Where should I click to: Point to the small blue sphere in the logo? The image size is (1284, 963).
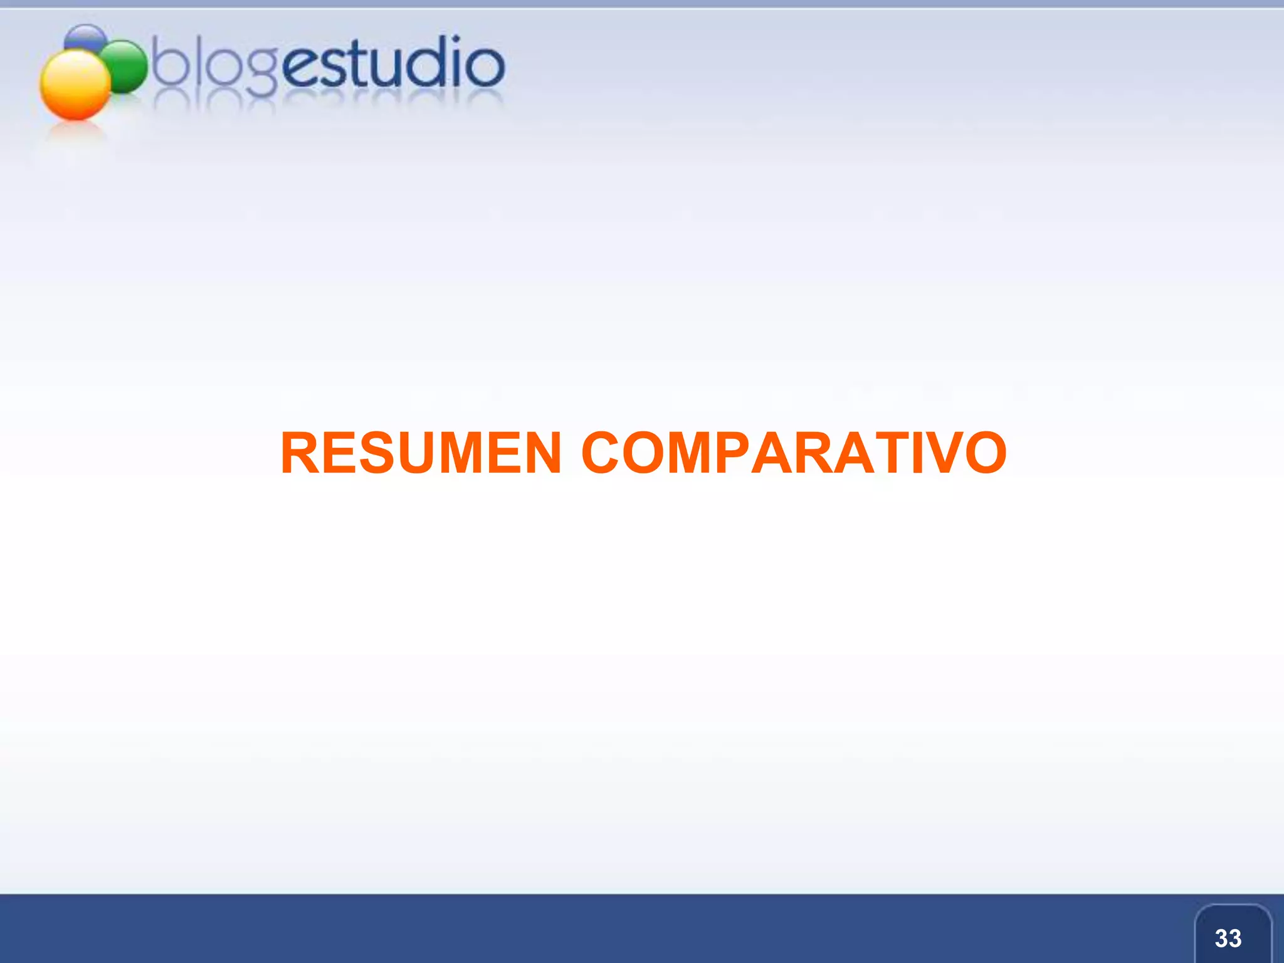pos(86,36)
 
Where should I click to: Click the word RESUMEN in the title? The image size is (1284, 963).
pos(421,453)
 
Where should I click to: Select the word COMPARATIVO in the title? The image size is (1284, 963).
pos(794,453)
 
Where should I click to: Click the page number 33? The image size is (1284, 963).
pos(1228,939)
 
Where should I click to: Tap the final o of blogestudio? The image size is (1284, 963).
pos(485,65)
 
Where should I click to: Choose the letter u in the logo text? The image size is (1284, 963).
pos(387,66)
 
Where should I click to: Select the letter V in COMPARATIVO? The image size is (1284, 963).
pos(939,453)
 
